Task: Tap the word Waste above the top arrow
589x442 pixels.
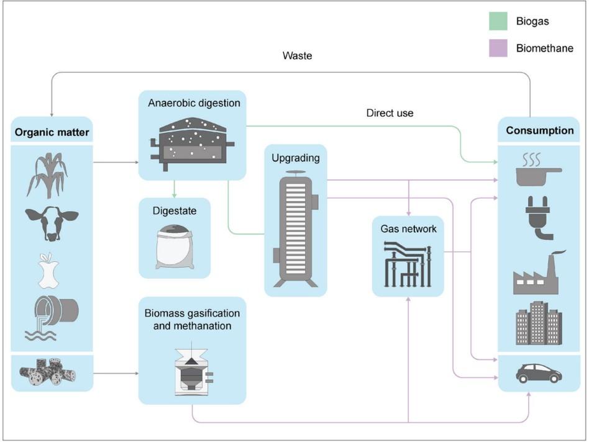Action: [297, 56]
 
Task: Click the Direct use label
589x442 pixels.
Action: [390, 113]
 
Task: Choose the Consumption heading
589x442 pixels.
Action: [539, 130]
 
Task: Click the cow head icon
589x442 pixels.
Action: [52, 222]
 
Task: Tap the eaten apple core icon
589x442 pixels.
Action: [48, 271]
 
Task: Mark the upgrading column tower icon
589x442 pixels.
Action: [296, 227]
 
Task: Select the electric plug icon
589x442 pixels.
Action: [539, 217]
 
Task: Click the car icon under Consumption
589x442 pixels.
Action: [538, 372]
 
